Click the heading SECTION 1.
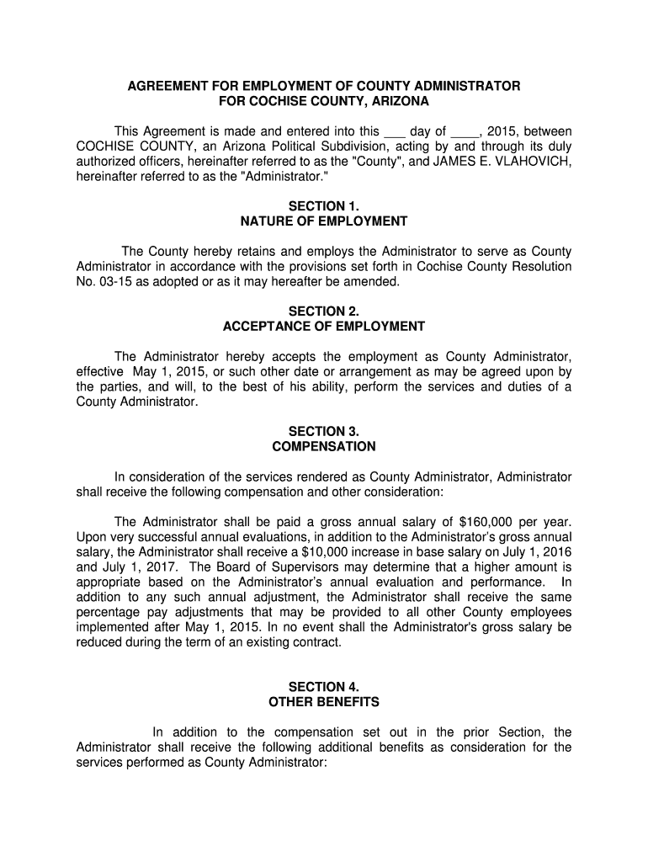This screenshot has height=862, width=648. coord(324,206)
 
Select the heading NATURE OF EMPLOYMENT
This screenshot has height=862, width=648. coord(324,221)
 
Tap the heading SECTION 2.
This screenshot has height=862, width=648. coord(324,311)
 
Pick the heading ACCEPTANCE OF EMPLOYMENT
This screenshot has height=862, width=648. coord(324,327)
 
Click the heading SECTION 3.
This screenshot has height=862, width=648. coord(324,431)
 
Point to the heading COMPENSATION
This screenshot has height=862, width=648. coord(324,446)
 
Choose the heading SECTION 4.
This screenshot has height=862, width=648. coord(324,687)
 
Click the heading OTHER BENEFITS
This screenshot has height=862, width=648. coord(324,702)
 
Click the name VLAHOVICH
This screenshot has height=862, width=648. coord(530,162)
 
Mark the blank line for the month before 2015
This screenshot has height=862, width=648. coord(465,132)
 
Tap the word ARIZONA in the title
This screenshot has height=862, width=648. coord(398,102)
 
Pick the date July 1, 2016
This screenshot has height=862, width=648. coord(534,552)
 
